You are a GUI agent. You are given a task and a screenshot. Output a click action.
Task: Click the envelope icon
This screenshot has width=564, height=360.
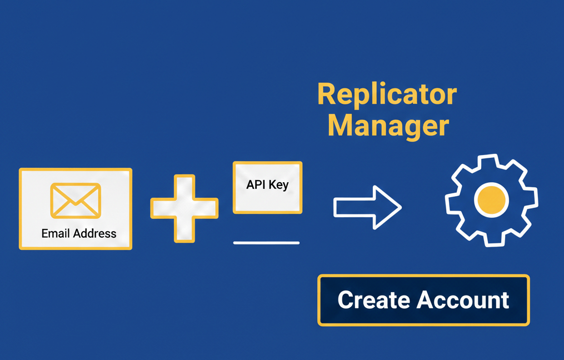tap(76, 201)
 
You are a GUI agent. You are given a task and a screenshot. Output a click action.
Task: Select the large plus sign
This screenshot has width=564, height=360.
tap(184, 208)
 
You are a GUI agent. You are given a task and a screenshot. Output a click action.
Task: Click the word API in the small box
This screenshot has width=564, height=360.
tap(256, 184)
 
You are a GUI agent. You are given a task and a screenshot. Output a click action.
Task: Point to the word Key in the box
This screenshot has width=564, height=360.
tap(278, 185)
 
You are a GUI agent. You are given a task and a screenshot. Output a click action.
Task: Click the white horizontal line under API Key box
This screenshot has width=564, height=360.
tap(266, 243)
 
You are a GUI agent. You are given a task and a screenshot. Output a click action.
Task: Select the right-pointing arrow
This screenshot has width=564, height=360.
tap(367, 207)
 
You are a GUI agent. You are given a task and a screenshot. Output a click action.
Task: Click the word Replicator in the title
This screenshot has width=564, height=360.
tap(387, 94)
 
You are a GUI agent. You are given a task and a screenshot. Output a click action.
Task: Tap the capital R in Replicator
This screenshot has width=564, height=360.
tap(326, 94)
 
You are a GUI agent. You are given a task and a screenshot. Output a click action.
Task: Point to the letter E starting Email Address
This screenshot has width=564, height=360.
tap(45, 233)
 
